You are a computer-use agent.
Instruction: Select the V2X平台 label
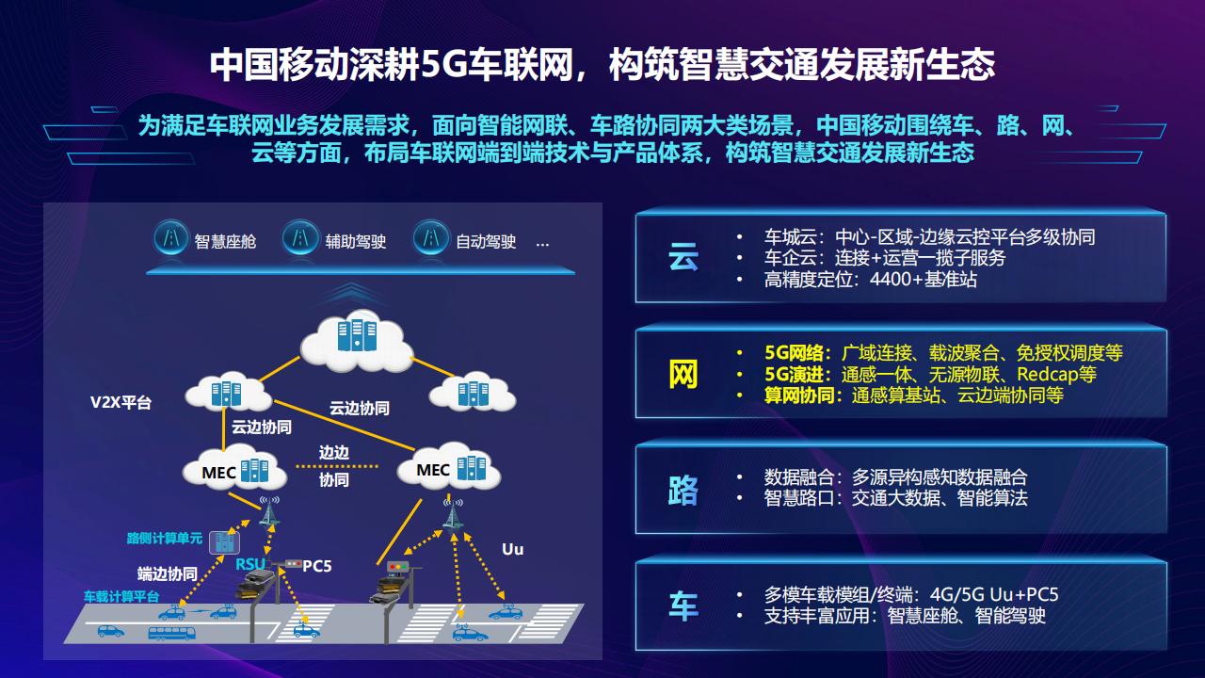point(120,403)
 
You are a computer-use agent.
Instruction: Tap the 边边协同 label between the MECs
point(334,465)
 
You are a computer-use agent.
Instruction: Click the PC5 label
point(317,566)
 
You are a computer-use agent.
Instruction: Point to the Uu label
point(512,549)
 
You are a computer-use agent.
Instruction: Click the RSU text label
point(250,564)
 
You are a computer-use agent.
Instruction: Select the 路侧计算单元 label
point(165,539)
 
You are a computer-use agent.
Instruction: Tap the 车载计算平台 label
point(121,597)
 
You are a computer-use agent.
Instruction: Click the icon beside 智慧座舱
point(170,239)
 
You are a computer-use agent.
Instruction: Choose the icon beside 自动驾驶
point(431,239)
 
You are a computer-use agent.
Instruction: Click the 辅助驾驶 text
point(356,241)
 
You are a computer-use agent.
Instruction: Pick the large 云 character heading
point(683,256)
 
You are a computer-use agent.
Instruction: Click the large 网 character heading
point(683,374)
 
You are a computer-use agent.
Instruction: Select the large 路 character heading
point(683,490)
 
